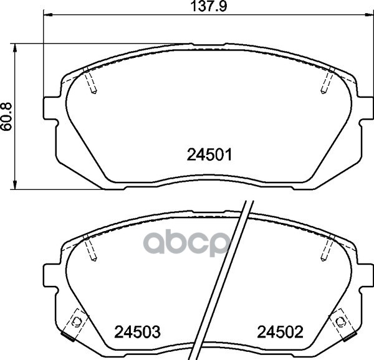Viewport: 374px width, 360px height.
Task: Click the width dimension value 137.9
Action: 208,6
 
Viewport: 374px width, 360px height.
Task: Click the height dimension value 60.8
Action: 6,116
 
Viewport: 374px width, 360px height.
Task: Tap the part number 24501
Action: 209,154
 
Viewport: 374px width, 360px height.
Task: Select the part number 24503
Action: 137,332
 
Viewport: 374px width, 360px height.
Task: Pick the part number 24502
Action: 280,332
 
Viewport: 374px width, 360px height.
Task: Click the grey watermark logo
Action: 186,242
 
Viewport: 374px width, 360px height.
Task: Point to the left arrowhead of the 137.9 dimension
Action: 48,15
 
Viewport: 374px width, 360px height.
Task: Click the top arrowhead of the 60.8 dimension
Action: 15,48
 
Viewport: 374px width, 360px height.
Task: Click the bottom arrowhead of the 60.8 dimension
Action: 15,186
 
